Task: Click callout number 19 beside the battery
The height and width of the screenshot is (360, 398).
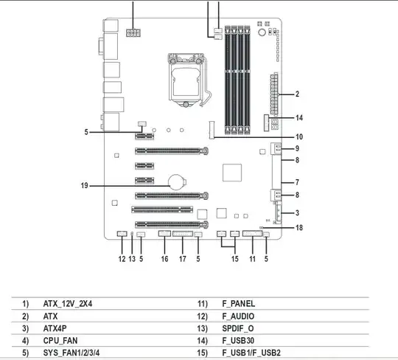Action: pos(85,186)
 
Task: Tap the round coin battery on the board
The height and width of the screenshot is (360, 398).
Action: pos(177,182)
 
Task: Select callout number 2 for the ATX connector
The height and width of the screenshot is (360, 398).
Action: pos(297,94)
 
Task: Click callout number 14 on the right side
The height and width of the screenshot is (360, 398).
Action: pos(299,118)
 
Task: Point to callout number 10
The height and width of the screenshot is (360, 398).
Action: pos(299,137)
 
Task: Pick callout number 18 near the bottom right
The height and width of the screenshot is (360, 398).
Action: pos(299,228)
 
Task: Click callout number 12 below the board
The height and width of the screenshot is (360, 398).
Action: pos(122,259)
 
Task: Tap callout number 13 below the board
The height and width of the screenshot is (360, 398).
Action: pos(132,259)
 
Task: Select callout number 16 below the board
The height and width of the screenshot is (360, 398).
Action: pos(164,259)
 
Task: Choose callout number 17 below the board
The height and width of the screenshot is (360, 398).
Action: pos(183,259)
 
